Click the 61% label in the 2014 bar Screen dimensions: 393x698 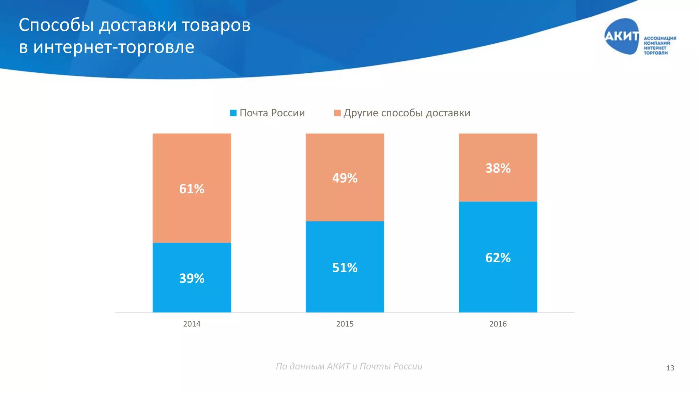pyautogui.click(x=192, y=189)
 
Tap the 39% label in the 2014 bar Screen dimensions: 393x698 pyautogui.click(x=192, y=278)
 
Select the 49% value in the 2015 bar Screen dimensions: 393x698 pyautogui.click(x=345, y=178)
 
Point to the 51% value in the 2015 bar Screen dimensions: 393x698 pyautogui.click(x=345, y=267)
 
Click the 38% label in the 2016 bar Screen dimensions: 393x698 pyautogui.click(x=498, y=168)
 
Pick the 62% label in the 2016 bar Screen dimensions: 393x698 pyautogui.click(x=498, y=258)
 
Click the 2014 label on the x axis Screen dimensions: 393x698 pyautogui.click(x=192, y=324)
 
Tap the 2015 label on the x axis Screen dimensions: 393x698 pyautogui.click(x=345, y=324)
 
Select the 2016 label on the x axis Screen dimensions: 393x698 pyautogui.click(x=498, y=324)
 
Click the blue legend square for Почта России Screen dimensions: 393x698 pyautogui.click(x=233, y=113)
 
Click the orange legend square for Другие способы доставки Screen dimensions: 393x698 pyautogui.click(x=337, y=113)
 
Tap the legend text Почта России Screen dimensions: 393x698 pyautogui.click(x=272, y=113)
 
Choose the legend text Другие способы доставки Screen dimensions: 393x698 pyautogui.click(x=407, y=113)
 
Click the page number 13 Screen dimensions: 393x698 pyautogui.click(x=670, y=368)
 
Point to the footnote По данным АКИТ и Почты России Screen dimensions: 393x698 pyautogui.click(x=349, y=366)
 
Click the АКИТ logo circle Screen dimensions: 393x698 pyautogui.click(x=621, y=36)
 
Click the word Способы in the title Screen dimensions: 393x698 pyautogui.click(x=56, y=25)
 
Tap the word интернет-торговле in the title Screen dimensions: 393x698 pyautogui.click(x=113, y=47)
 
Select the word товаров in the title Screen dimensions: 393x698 pyautogui.click(x=216, y=25)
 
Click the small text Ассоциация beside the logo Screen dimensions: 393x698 pyautogui.click(x=659, y=38)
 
